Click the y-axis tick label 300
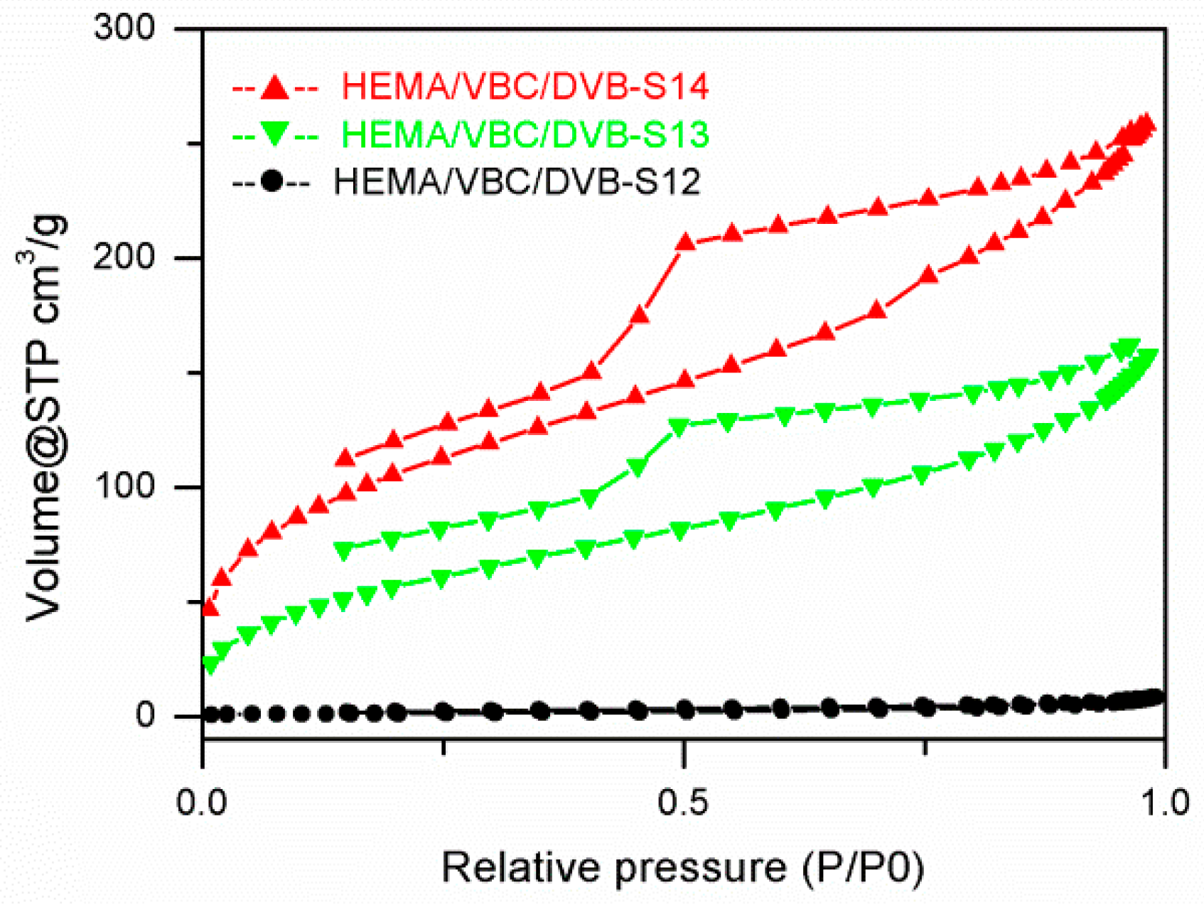pyautogui.click(x=124, y=28)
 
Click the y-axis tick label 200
pyautogui.click(x=124, y=257)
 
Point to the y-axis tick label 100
pyautogui.click(x=124, y=487)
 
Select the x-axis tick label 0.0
pyautogui.click(x=201, y=803)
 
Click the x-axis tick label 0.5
pyautogui.click(x=682, y=803)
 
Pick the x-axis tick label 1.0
pyautogui.click(x=1163, y=803)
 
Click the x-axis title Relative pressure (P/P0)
pyautogui.click(x=682, y=868)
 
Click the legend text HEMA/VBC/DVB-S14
pyautogui.click(x=525, y=87)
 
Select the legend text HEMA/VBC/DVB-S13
pyautogui.click(x=525, y=134)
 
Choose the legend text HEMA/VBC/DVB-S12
pyautogui.click(x=517, y=182)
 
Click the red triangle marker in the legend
pyautogui.click(x=274, y=87)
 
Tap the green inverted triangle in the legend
pyautogui.click(x=274, y=134)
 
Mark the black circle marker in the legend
pyautogui.click(x=272, y=182)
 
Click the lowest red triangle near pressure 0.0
pyautogui.click(x=210, y=607)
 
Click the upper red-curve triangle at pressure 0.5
pyautogui.click(x=685, y=242)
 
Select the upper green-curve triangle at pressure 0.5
pyautogui.click(x=680, y=427)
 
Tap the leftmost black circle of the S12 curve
pyautogui.click(x=211, y=714)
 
